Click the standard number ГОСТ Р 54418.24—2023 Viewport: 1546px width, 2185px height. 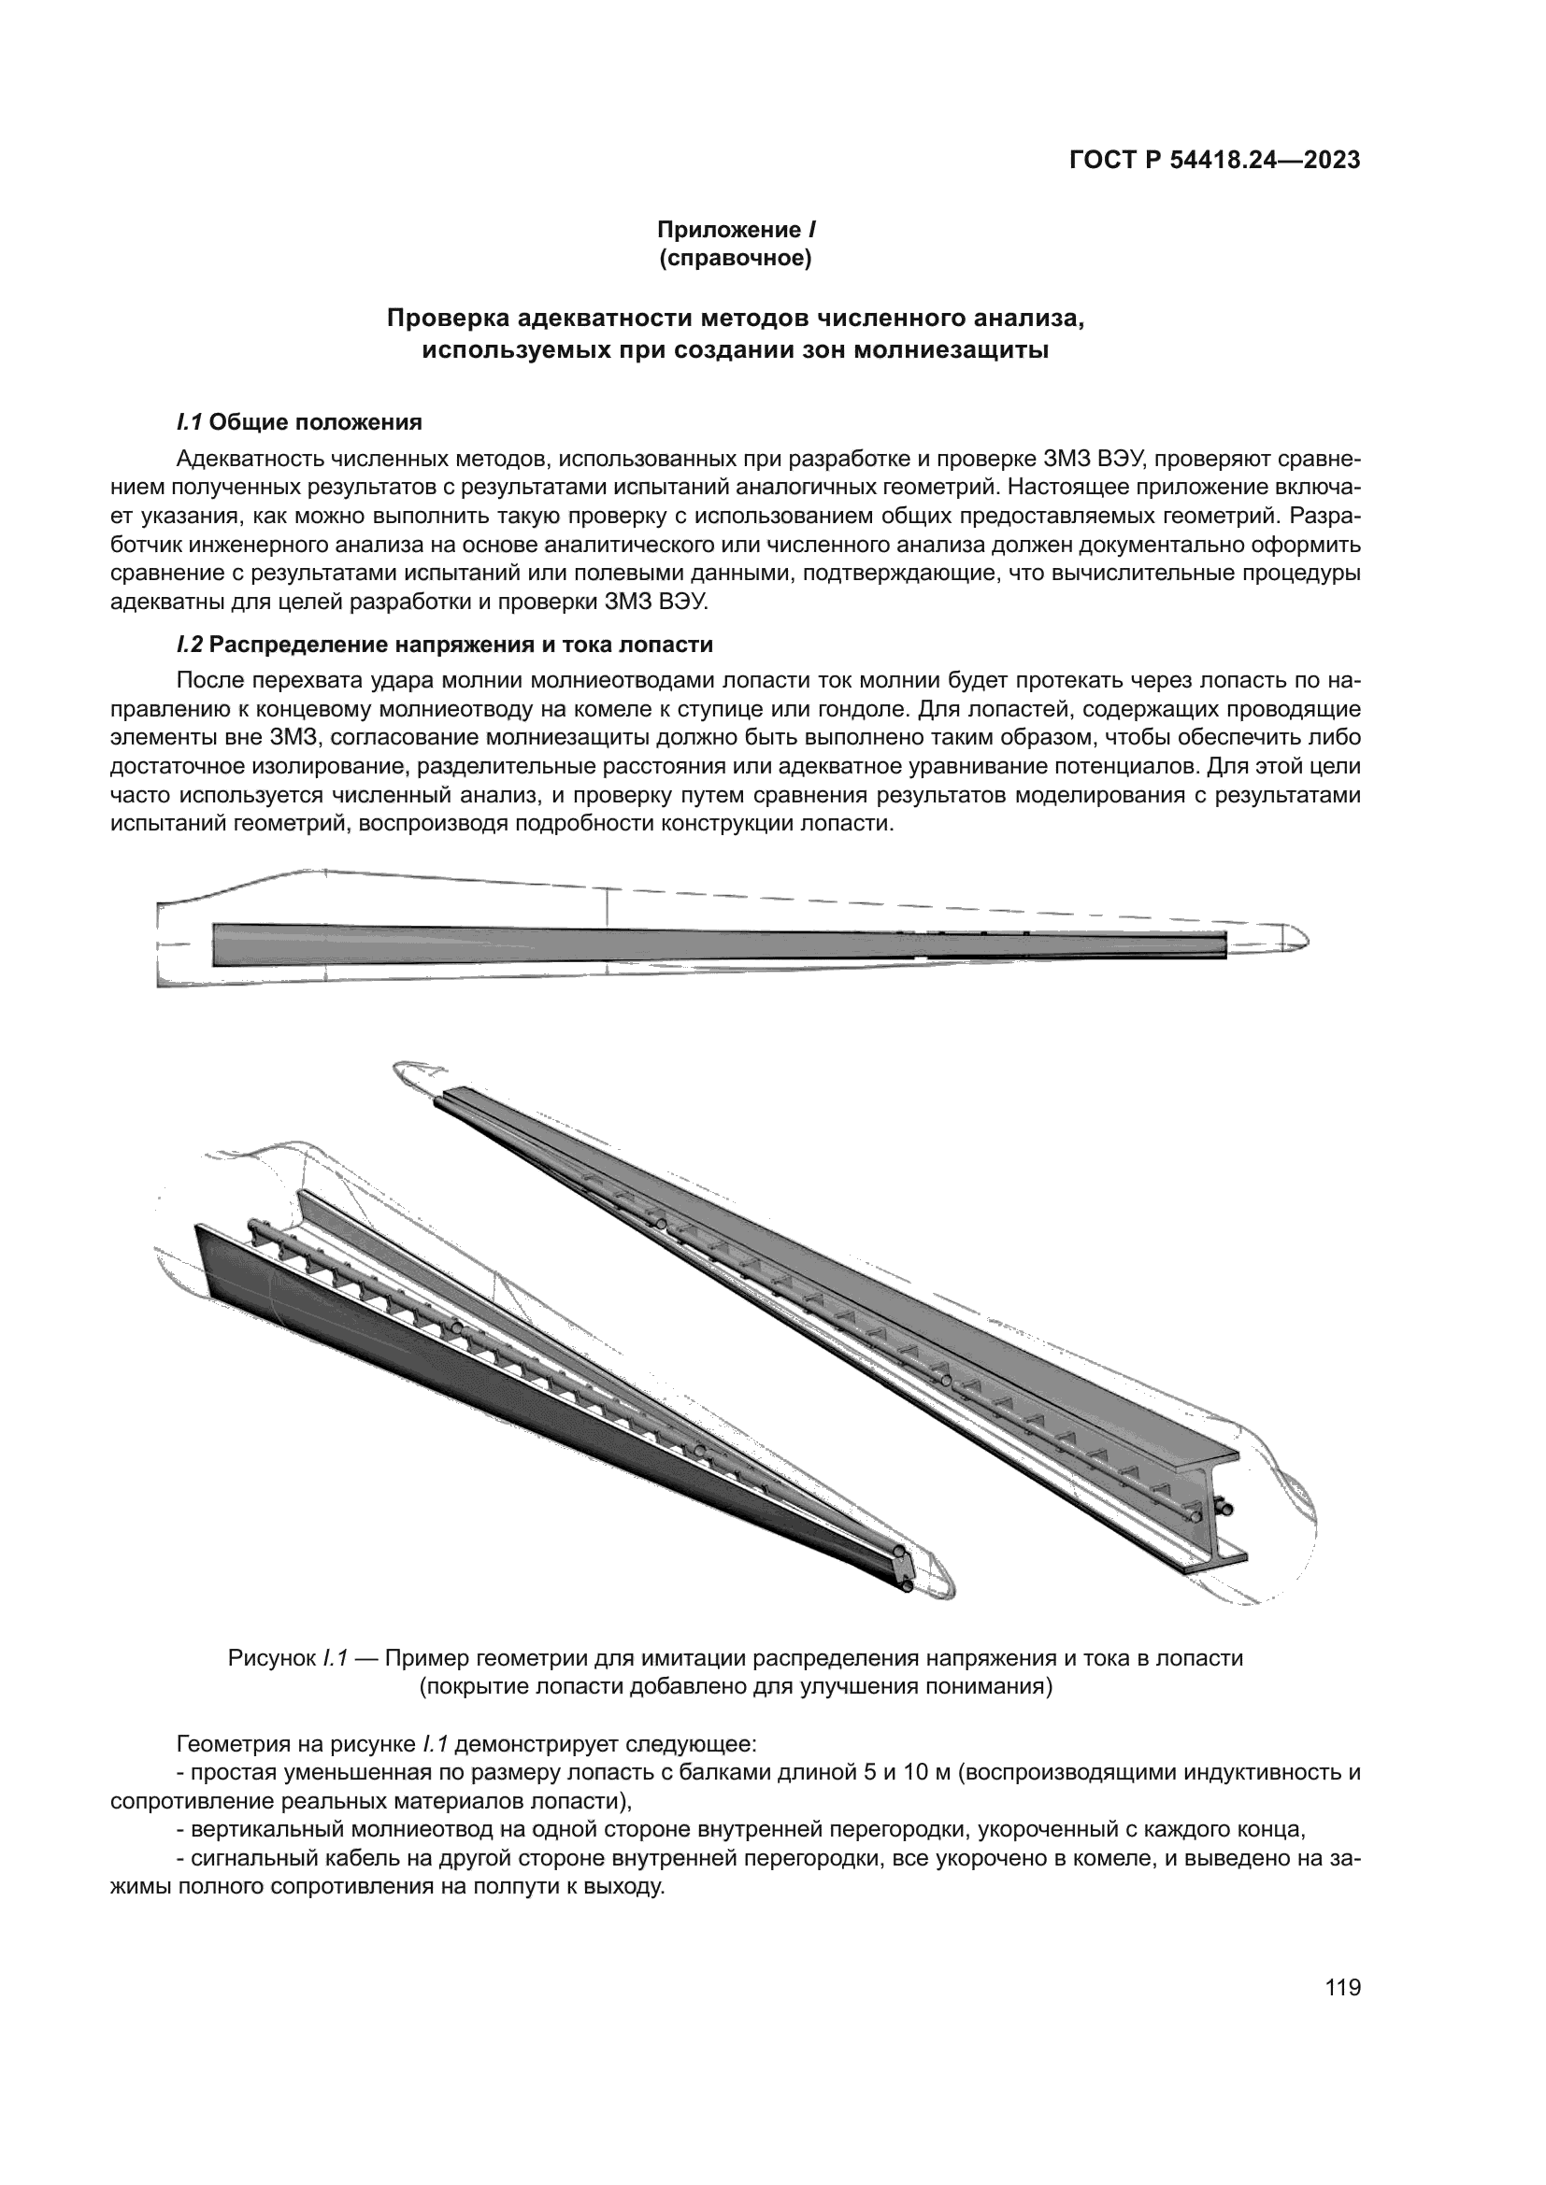(1214, 161)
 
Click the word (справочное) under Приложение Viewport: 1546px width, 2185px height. (735, 259)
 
